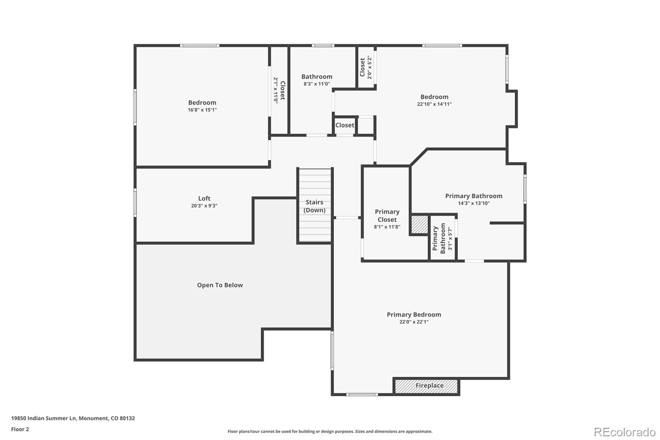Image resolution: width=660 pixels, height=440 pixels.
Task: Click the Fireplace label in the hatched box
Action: click(429, 386)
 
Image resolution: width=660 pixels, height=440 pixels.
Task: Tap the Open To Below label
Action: click(220, 285)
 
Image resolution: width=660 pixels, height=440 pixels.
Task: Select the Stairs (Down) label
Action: click(314, 206)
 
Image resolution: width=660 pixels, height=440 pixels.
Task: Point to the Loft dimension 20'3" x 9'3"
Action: click(204, 206)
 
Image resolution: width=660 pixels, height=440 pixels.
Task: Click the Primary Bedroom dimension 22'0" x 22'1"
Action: click(414, 322)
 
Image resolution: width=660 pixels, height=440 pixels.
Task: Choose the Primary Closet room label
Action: click(387, 215)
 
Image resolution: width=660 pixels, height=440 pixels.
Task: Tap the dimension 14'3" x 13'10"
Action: click(474, 203)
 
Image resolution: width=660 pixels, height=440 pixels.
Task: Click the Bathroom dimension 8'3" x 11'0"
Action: click(317, 84)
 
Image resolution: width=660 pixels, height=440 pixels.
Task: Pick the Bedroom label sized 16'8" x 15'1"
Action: click(202, 102)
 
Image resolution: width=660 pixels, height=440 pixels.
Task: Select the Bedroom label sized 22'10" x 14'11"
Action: click(434, 97)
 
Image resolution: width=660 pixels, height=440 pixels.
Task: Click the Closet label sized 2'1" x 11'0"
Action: click(282, 90)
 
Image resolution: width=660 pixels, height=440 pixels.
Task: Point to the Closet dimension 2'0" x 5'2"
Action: click(370, 68)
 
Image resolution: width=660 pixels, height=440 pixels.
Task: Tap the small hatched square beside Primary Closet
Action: click(420, 225)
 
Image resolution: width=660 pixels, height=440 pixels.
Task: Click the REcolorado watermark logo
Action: click(625, 432)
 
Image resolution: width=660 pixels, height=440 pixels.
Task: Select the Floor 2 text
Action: click(20, 429)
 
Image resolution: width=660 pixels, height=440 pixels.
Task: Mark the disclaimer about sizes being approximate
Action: click(330, 431)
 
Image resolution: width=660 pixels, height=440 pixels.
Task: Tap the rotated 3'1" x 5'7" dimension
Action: click(450, 238)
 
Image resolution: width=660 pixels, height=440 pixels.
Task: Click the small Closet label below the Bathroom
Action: click(344, 125)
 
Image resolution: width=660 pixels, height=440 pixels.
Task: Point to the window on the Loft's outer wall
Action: click(135, 203)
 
